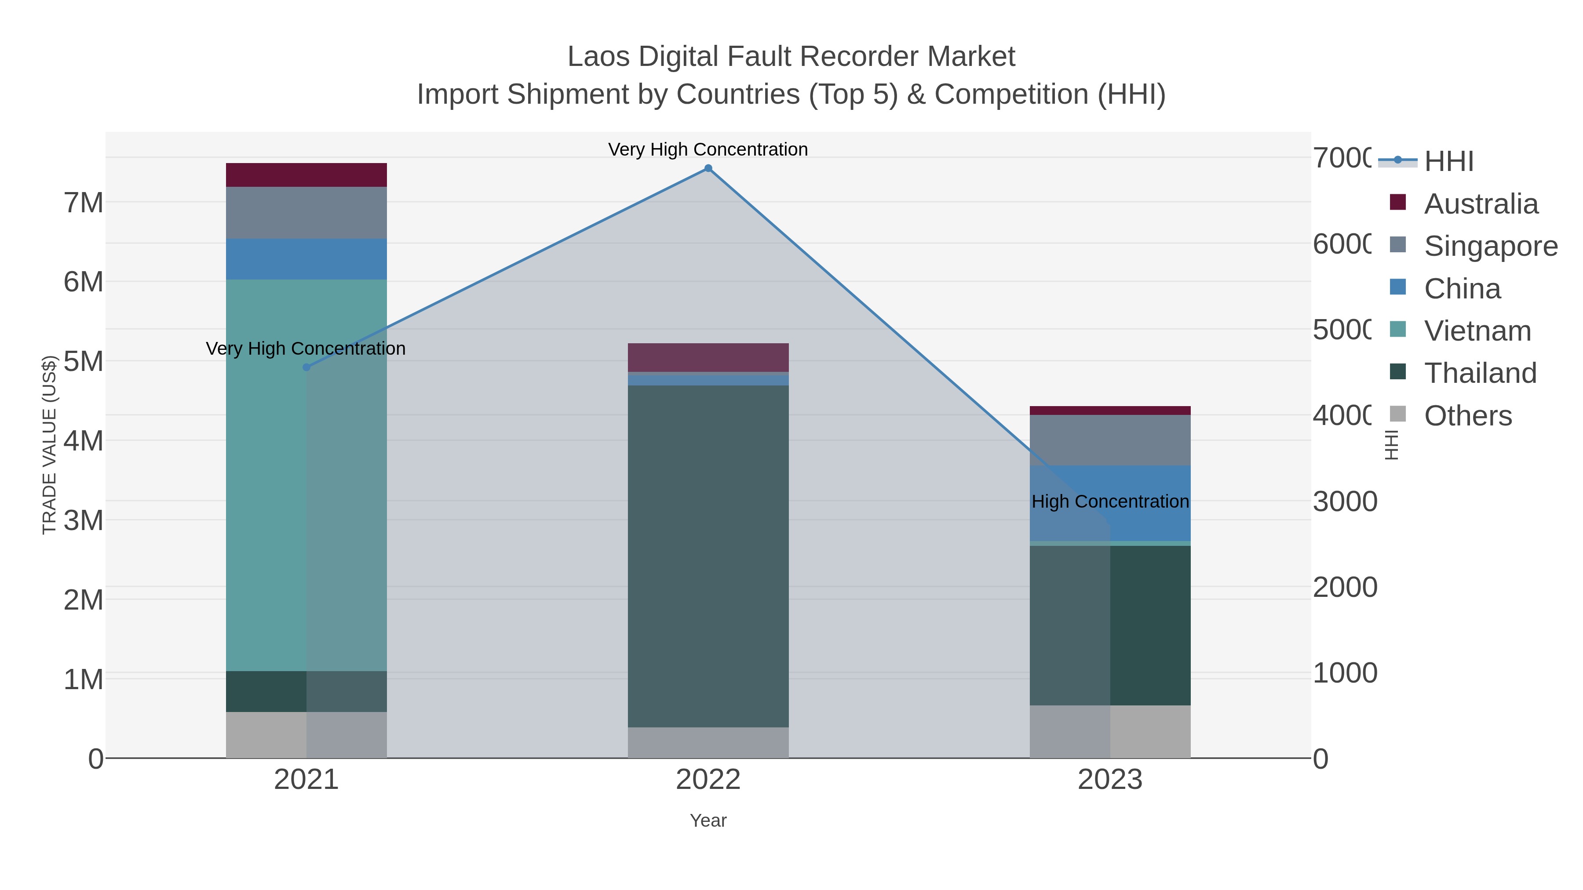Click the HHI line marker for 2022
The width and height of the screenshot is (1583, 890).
(x=708, y=168)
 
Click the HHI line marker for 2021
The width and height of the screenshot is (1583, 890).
(x=306, y=367)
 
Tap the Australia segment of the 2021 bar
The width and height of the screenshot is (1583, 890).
(x=306, y=175)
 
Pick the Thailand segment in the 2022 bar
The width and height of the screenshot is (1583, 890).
(x=708, y=556)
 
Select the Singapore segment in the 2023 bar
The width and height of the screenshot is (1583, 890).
(x=1110, y=440)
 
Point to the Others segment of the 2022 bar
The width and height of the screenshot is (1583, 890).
(x=708, y=743)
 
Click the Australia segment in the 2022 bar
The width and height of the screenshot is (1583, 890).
(x=708, y=357)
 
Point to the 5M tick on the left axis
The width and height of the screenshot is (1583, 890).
(x=84, y=361)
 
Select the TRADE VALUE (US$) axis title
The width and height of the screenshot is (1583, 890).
(x=49, y=445)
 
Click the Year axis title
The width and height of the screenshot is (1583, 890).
(x=708, y=821)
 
